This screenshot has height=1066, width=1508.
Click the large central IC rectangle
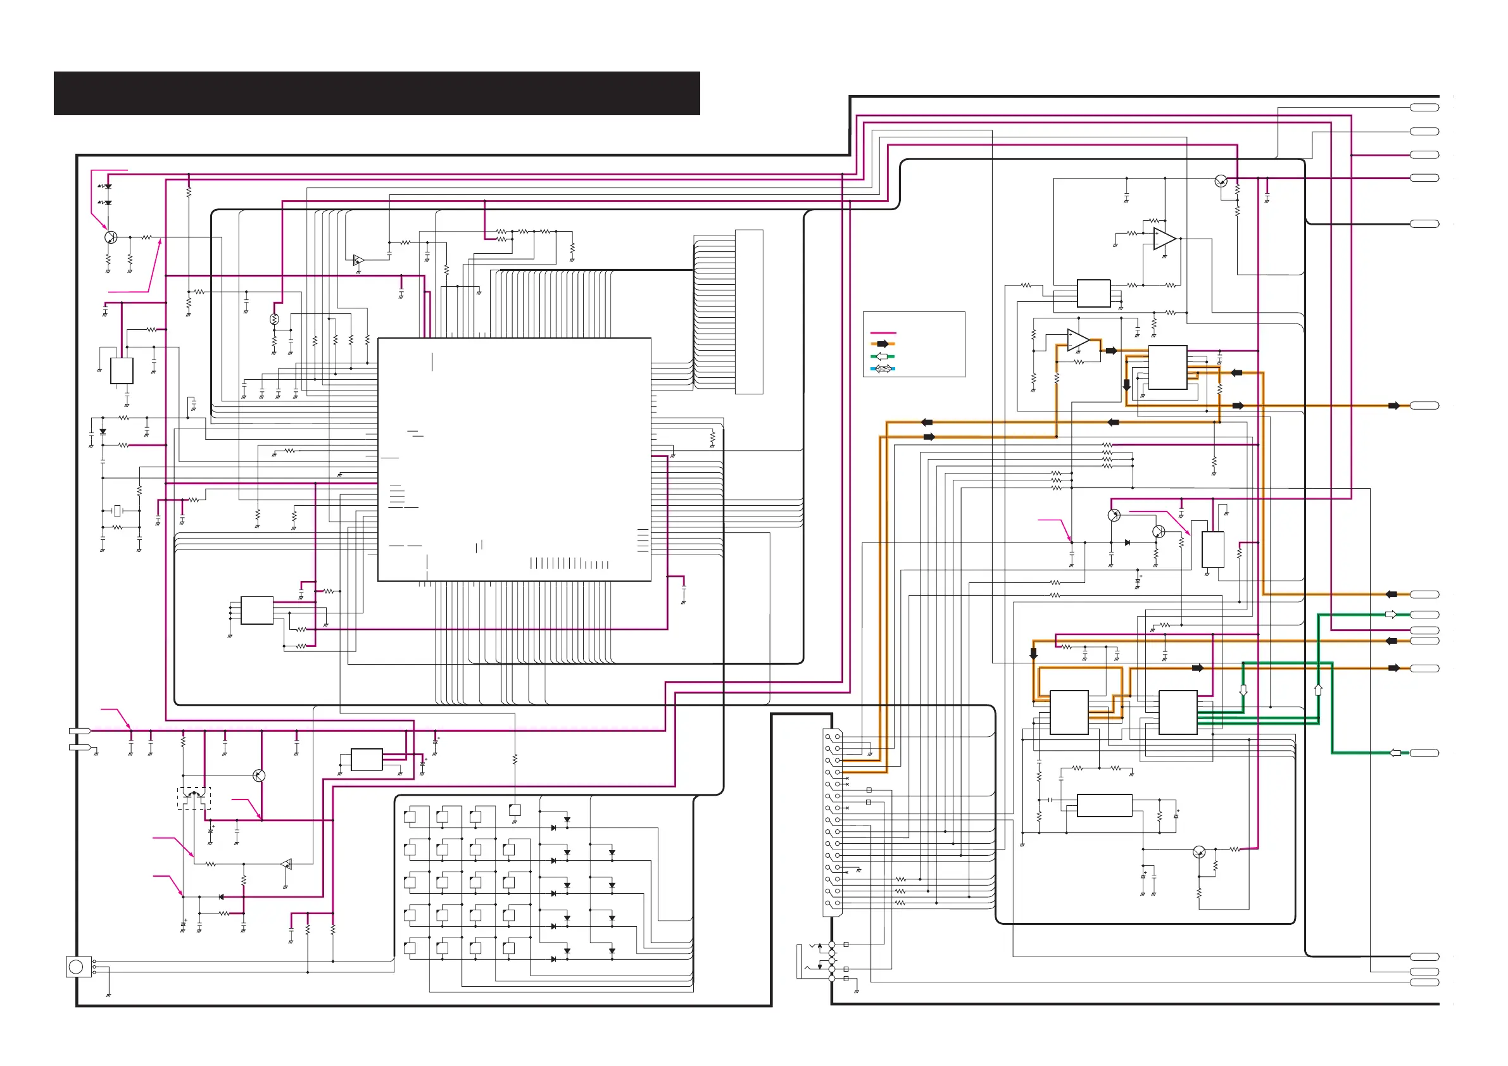click(514, 459)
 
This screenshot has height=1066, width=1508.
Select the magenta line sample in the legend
click(883, 333)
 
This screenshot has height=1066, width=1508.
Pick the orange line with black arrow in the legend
click(883, 344)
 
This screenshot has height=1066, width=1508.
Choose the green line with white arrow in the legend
click(883, 356)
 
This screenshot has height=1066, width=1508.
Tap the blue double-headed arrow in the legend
click(883, 368)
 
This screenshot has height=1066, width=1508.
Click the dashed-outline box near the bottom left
click(194, 798)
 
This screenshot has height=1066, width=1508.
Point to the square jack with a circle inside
click(77, 966)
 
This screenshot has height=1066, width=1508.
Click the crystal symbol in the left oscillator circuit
click(118, 510)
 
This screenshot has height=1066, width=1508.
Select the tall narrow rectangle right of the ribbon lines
click(749, 311)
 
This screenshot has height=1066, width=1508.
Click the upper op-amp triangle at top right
click(1164, 239)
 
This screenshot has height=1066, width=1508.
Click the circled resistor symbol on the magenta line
click(275, 319)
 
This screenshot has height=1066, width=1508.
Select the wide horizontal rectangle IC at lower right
click(1105, 805)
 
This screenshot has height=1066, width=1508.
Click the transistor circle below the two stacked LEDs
click(111, 237)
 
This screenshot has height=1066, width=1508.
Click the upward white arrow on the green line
click(1318, 689)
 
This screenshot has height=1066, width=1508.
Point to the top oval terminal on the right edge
click(1424, 107)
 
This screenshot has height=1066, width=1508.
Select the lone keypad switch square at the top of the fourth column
click(515, 810)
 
